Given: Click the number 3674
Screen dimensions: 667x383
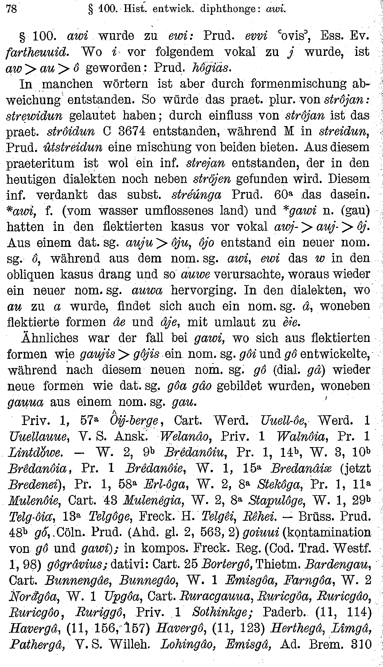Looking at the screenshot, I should tap(130, 132).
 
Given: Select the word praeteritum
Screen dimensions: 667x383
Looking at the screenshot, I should tap(40, 163).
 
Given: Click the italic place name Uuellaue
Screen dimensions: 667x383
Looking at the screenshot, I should tap(38, 436).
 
